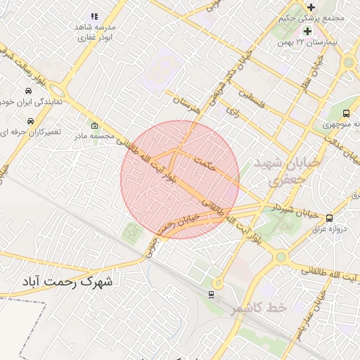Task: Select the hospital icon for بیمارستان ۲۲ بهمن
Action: (x=307, y=32)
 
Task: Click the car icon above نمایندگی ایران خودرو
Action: (x=27, y=91)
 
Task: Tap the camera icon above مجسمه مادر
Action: (x=94, y=126)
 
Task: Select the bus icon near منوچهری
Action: (x=347, y=112)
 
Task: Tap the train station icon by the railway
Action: (x=212, y=294)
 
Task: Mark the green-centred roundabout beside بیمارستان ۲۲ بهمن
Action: (x=348, y=63)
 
